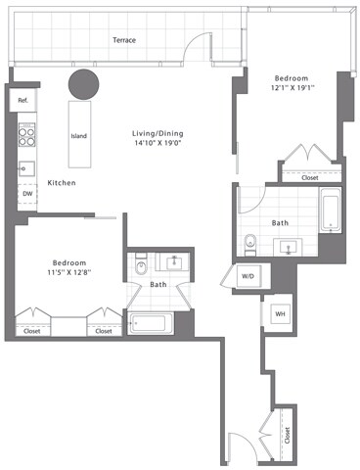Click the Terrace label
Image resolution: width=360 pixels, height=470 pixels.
click(x=123, y=40)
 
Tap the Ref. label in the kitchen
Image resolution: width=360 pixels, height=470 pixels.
click(x=22, y=100)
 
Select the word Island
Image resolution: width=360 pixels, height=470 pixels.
click(x=81, y=136)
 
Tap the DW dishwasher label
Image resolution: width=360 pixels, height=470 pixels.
click(x=26, y=194)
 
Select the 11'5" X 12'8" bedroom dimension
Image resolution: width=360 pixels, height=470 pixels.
click(x=69, y=274)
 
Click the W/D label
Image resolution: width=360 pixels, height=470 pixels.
click(x=247, y=277)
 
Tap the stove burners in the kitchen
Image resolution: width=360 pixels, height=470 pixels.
click(x=27, y=133)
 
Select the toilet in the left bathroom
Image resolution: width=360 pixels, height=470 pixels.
click(x=141, y=265)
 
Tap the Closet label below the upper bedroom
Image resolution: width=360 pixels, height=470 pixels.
click(x=309, y=177)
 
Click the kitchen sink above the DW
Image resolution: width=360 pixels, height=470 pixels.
click(x=26, y=167)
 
